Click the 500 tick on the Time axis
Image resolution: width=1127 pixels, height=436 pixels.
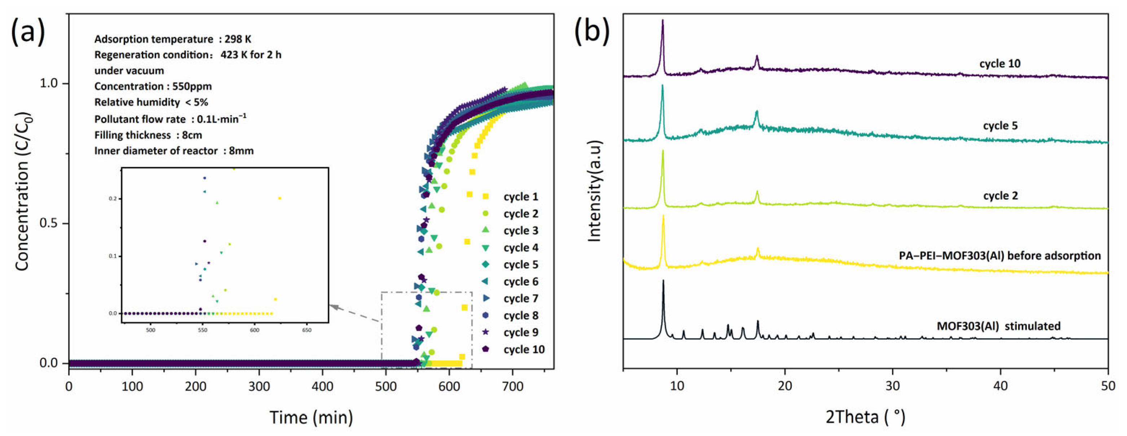coord(386,387)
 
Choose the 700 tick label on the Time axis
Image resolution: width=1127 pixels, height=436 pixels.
coord(513,387)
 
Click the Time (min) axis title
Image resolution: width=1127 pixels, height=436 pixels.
coord(311,417)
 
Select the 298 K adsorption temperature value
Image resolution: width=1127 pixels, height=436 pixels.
coord(238,39)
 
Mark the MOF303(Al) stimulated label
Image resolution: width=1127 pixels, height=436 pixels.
coord(998,326)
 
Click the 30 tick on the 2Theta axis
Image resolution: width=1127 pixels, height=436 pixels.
coord(893,387)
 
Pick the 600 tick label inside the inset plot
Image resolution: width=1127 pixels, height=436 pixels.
coord(254,330)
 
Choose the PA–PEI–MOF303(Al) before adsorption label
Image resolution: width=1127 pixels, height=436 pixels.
coord(1000,256)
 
